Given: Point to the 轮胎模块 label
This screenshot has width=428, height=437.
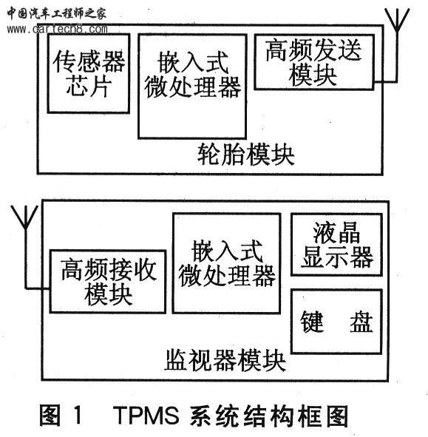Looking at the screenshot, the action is pyautogui.click(x=245, y=155).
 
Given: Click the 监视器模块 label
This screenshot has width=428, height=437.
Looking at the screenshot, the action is pyautogui.click(x=225, y=360).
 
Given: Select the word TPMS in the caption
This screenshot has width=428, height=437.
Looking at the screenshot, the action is pyautogui.click(x=146, y=416).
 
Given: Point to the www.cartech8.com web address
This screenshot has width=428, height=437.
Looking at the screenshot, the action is pyautogui.click(x=57, y=29).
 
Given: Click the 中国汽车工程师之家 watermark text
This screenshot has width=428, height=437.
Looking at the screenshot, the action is pyautogui.click(x=57, y=13).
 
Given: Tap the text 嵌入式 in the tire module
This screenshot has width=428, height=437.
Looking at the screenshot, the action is pyautogui.click(x=193, y=62).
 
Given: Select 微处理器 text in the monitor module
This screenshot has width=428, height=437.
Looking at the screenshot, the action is pyautogui.click(x=226, y=276).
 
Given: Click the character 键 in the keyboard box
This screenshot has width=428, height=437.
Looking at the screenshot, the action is pyautogui.click(x=312, y=322).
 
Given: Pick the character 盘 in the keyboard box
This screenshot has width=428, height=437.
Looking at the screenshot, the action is pyautogui.click(x=361, y=322).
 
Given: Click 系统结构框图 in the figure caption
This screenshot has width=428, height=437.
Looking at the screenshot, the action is pyautogui.click(x=269, y=416).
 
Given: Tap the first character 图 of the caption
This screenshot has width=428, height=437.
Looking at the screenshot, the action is pyautogui.click(x=50, y=416).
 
